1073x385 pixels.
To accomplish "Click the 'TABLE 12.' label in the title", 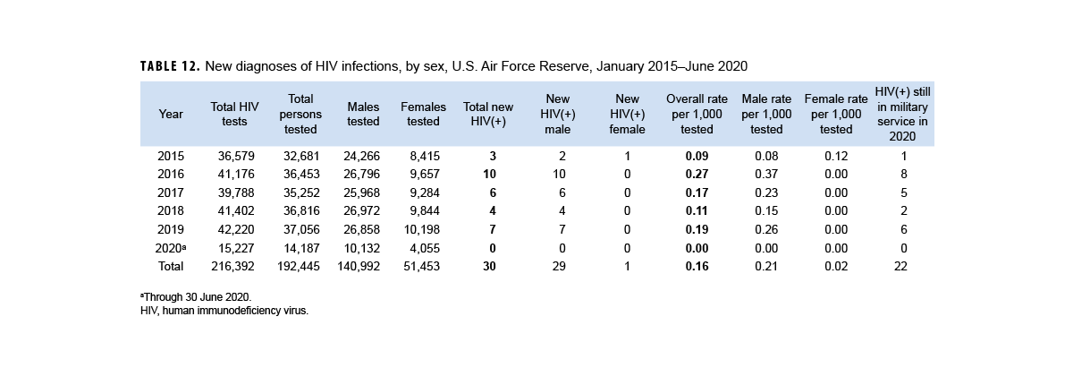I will coord(170,67).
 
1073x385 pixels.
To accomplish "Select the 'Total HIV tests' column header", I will coord(234,114).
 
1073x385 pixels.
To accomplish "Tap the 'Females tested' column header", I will coord(423,114).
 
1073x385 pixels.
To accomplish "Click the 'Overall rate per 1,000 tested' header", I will coord(697,114).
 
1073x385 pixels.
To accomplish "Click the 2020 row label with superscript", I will coord(171,248).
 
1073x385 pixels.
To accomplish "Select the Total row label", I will coord(171,266).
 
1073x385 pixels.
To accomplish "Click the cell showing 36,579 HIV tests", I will coord(236,156).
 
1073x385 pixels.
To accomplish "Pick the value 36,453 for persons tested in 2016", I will coord(299,175).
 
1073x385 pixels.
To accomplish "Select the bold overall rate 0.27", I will coord(697,175).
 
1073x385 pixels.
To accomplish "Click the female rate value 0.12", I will coord(836,156).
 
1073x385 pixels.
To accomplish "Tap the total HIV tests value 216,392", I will coord(234,266).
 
